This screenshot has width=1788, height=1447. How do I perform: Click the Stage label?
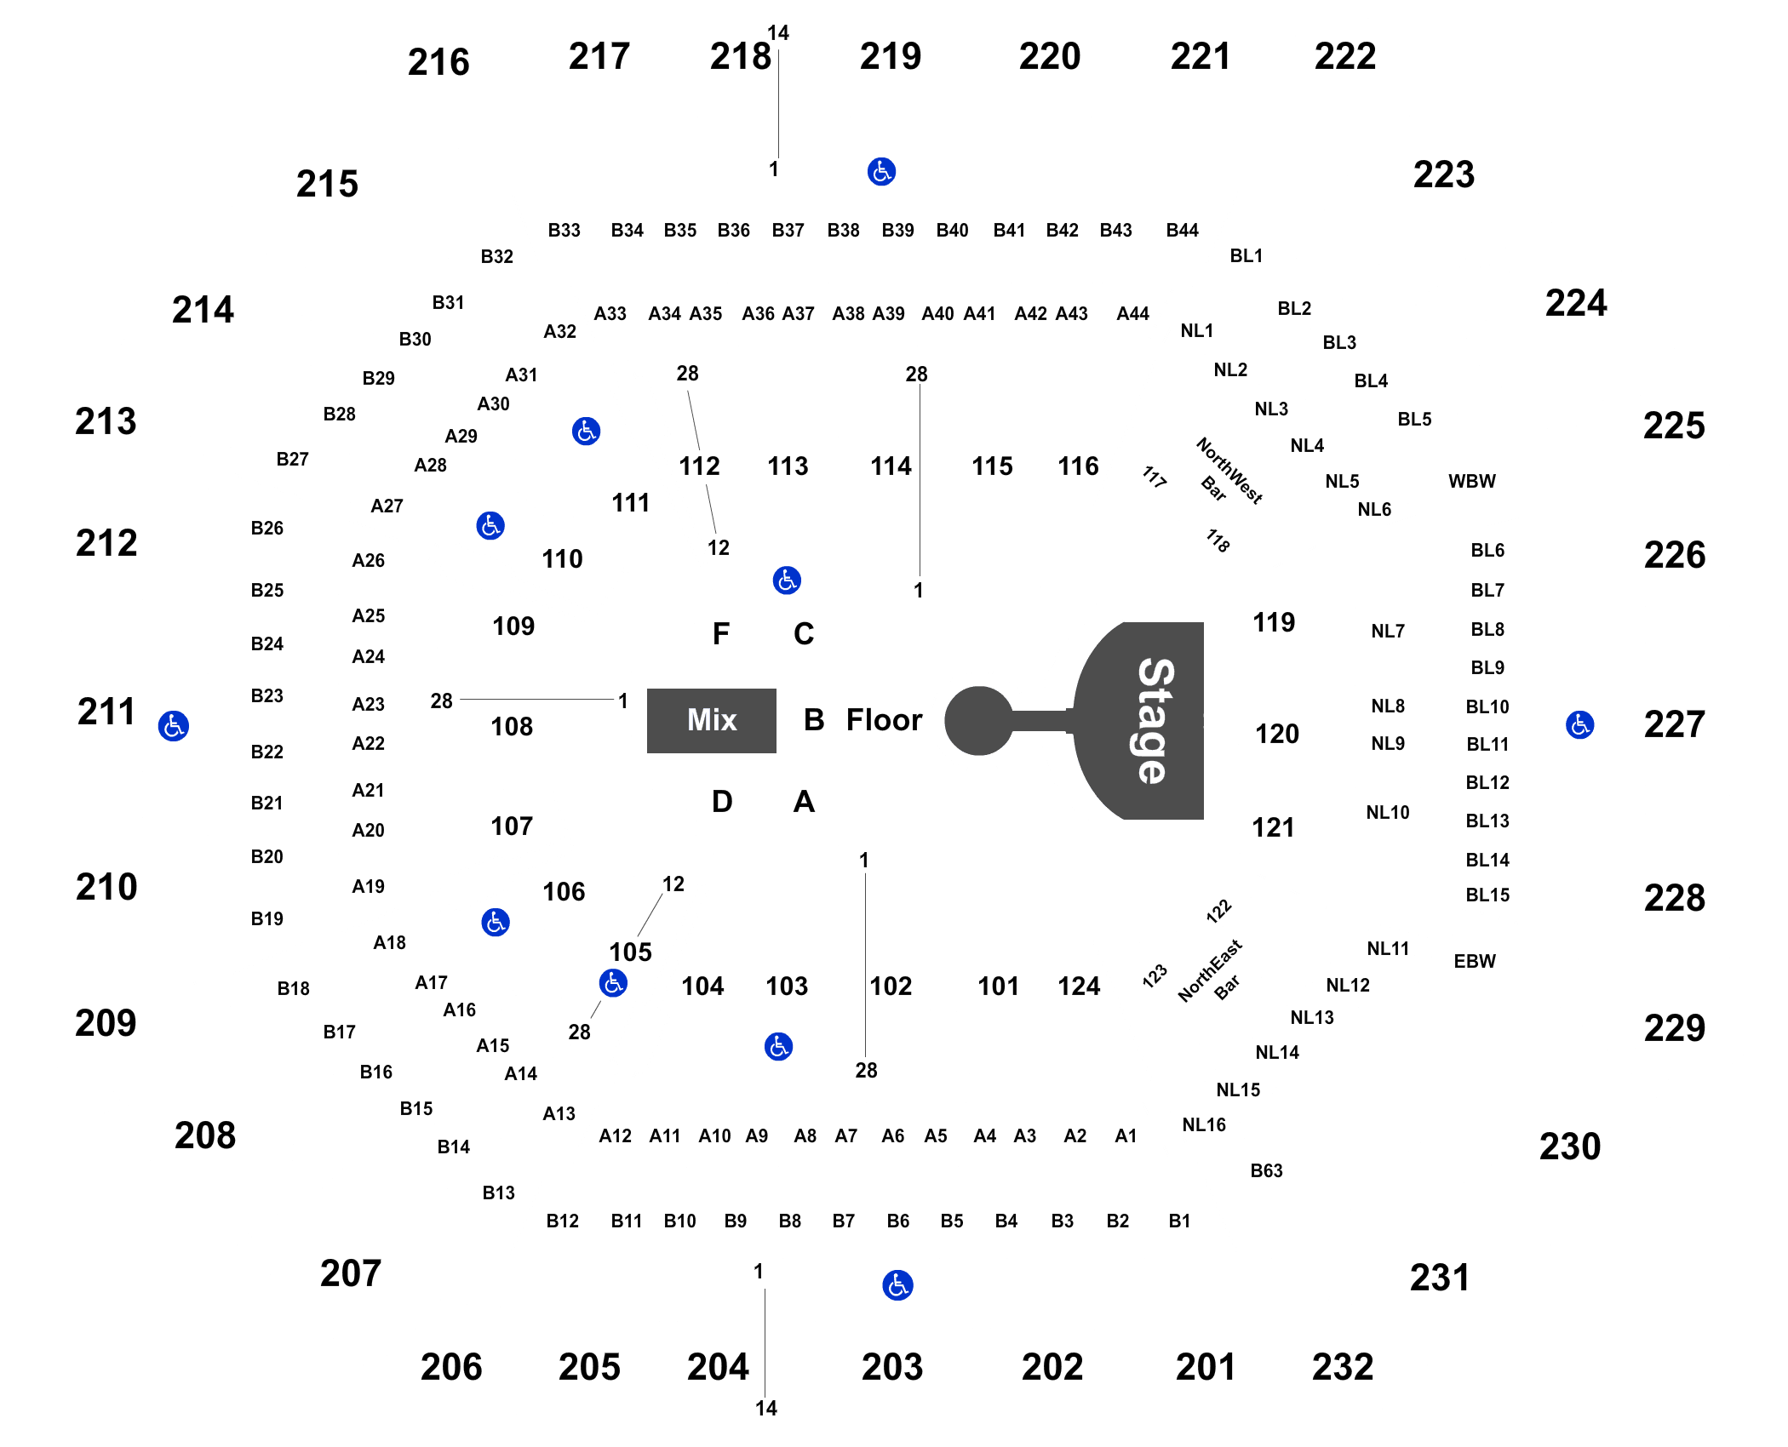coord(1155,720)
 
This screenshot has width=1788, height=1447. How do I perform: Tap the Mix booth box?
coord(712,720)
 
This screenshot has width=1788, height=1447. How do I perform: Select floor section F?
coord(721,634)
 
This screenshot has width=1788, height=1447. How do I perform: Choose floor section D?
coord(722,802)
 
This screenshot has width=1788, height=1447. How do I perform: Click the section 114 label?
coord(891,466)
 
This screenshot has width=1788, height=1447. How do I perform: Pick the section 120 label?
coord(1277,734)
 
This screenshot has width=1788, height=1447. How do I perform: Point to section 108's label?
coord(512,727)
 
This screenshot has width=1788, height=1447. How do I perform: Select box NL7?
coord(1387,632)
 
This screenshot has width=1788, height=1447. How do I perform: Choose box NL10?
coord(1387,813)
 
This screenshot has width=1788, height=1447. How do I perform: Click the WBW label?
coord(1471,482)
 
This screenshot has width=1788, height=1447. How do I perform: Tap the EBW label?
coord(1474,962)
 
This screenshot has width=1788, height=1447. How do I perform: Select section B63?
coord(1266,1171)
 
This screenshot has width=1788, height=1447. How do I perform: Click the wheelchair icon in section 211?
coord(174,726)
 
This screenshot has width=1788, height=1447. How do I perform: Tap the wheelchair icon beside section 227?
coord(1580,724)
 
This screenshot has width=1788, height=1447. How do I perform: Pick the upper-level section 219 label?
coord(890,57)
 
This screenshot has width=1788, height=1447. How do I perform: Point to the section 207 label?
coord(350,1273)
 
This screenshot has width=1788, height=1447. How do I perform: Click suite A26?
coord(369,561)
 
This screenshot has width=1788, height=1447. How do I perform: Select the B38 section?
coord(843,231)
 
